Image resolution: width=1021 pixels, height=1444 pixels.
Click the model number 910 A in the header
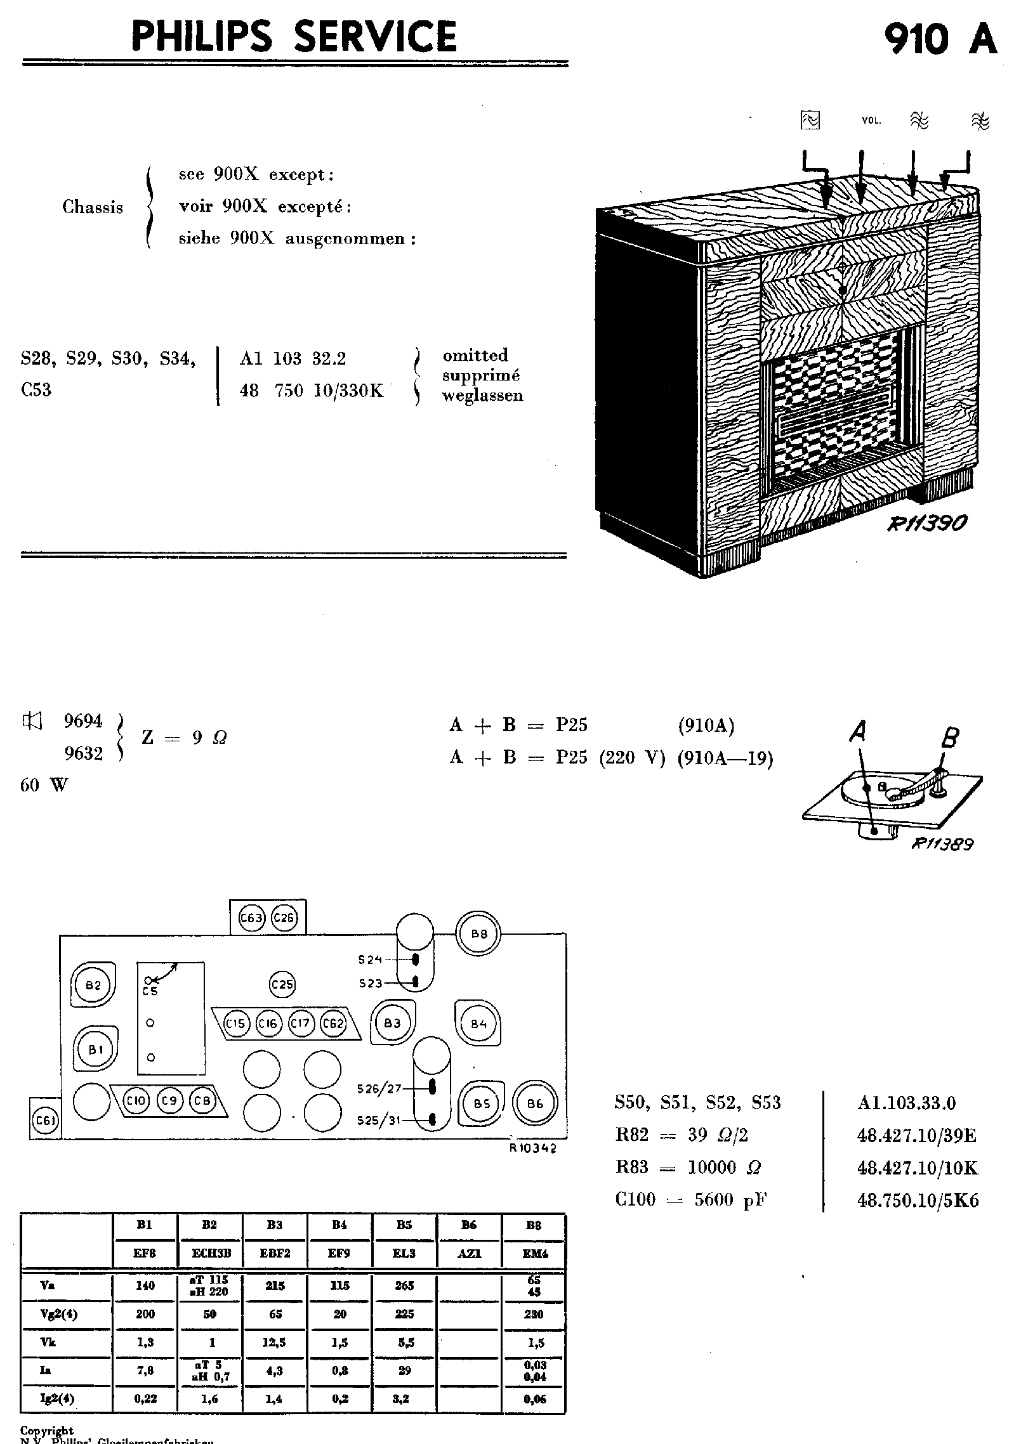[940, 38]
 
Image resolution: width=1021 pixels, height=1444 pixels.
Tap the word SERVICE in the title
[376, 36]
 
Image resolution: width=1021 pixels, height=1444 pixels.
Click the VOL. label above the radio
[871, 120]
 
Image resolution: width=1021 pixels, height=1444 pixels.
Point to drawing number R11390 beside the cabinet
[927, 523]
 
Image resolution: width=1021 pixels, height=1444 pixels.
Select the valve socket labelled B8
[479, 933]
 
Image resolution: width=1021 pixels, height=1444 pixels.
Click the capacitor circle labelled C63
[251, 918]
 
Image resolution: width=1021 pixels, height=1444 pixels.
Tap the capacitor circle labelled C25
[282, 984]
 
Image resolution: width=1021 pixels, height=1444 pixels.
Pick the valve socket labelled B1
[96, 1050]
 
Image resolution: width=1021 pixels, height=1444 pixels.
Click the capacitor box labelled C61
[44, 1121]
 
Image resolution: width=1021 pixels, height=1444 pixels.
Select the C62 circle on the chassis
[333, 1023]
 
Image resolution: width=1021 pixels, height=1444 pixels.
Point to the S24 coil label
[370, 959]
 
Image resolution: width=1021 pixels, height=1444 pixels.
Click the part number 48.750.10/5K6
[918, 1200]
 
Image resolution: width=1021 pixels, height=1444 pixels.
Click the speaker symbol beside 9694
[31, 720]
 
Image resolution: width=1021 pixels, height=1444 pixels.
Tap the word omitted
[475, 355]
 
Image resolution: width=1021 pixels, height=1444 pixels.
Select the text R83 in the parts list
[631, 1168]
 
